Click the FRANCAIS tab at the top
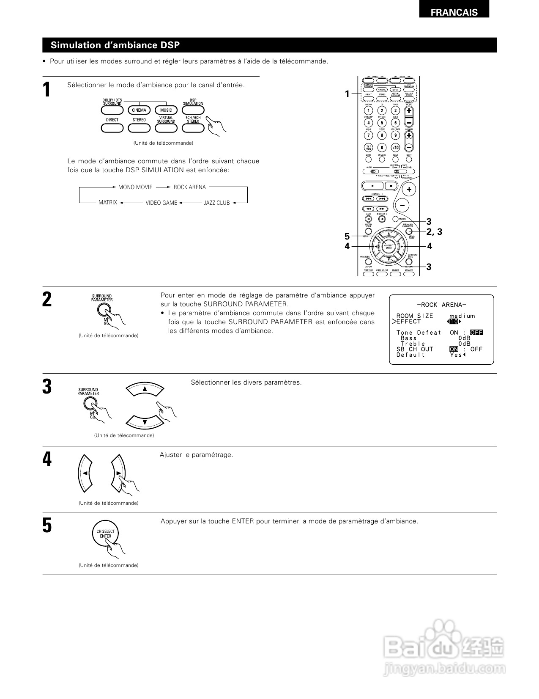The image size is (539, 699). coord(454,12)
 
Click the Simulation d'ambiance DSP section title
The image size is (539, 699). coord(115,45)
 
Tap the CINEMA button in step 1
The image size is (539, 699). coord(139,110)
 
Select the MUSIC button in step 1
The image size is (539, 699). coord(166,110)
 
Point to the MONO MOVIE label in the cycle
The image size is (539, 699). coord(135,187)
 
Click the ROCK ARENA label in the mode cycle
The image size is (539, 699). coord(189,187)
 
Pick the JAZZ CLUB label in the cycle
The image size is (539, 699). coord(216,203)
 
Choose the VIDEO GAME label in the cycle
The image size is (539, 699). coord(161,203)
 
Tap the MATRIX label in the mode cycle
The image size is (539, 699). coord(108,203)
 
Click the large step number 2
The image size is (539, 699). coord(47,300)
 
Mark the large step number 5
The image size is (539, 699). coord(47,526)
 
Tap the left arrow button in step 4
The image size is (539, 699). coord(85,473)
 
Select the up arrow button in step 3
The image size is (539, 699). coord(145,389)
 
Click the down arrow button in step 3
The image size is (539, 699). coord(145,422)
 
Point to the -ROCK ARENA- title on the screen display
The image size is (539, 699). coord(441,305)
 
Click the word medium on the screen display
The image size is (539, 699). coord(462,316)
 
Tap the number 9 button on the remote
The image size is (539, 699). coord(395,135)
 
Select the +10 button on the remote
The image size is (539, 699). coord(395,148)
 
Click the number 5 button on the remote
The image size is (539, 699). coord(382,123)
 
